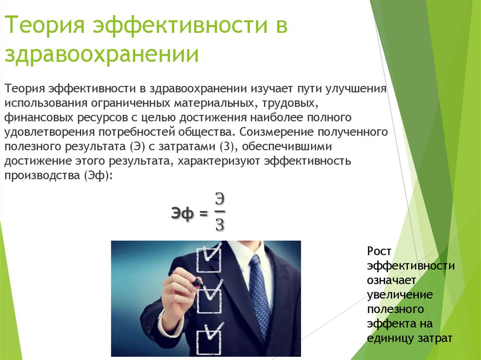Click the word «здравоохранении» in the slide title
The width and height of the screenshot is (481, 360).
pos(101,55)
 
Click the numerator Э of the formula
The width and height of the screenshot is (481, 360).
pos(220,198)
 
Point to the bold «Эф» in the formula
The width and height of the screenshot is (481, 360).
pos(182,214)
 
